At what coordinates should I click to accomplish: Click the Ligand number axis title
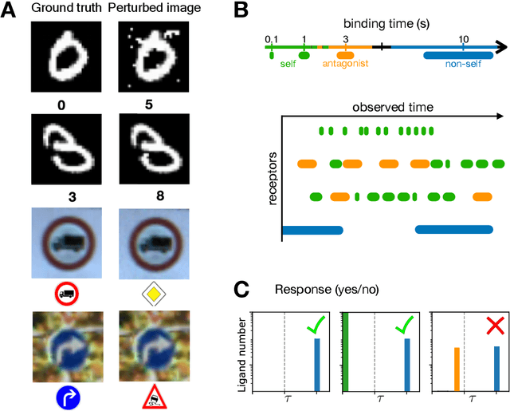pyautogui.click(x=242, y=351)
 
